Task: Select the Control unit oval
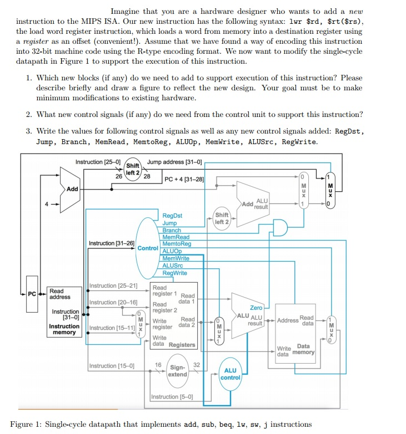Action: (147, 248)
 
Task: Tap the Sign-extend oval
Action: (178, 370)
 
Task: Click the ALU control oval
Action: (230, 374)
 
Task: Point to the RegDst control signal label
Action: (172, 216)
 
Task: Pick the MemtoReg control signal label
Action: (177, 244)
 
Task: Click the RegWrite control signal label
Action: (174, 273)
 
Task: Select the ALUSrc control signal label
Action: (173, 265)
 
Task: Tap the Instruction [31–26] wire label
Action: (112, 243)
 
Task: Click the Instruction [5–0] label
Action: (172, 397)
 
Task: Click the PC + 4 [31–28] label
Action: (184, 179)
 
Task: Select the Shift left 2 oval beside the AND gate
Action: (222, 218)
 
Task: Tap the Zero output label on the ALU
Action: (256, 308)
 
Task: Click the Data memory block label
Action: (304, 349)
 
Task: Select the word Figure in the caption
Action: (23, 425)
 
